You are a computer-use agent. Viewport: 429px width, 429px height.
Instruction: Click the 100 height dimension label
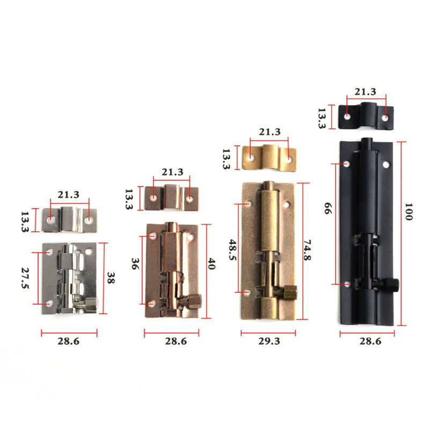409,214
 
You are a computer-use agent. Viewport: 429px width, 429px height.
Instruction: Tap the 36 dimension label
135,264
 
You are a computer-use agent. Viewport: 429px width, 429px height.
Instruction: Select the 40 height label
211,264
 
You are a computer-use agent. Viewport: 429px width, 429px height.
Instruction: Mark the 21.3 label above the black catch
366,91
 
